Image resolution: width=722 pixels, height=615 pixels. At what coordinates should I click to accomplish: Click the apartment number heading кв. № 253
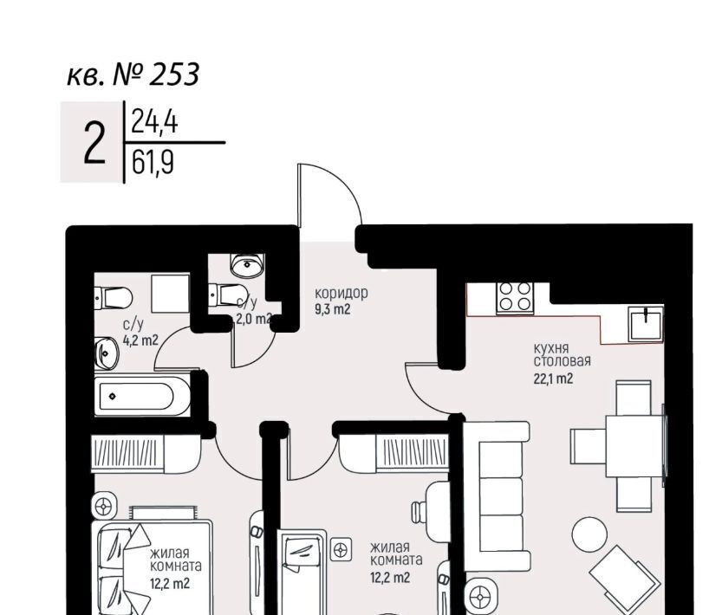133,74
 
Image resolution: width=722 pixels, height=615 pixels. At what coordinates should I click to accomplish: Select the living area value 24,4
154,122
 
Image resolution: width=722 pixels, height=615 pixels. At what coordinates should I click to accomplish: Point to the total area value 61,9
153,163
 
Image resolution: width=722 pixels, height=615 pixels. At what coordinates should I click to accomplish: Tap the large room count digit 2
94,143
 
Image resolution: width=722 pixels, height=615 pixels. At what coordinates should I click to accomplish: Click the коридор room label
341,293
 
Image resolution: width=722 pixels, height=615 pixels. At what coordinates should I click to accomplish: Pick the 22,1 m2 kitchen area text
554,379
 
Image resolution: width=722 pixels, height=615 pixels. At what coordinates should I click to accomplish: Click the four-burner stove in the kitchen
515,297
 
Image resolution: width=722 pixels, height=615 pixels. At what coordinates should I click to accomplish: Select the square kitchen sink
646,324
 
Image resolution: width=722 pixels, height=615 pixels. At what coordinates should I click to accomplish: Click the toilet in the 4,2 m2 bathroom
114,298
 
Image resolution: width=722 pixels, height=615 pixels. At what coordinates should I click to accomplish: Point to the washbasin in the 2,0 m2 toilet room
248,265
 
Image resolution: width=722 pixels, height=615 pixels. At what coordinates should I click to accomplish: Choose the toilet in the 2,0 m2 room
227,295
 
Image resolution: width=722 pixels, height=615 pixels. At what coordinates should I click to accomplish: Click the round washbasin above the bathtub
107,353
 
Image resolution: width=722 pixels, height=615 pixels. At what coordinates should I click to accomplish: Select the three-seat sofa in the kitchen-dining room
496,497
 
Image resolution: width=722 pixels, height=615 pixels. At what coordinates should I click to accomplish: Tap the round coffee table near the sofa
589,534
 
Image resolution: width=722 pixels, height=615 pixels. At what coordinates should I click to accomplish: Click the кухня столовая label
562,354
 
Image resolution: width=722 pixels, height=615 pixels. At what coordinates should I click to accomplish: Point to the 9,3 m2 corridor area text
333,309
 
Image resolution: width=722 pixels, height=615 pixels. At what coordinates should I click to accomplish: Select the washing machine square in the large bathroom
171,294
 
